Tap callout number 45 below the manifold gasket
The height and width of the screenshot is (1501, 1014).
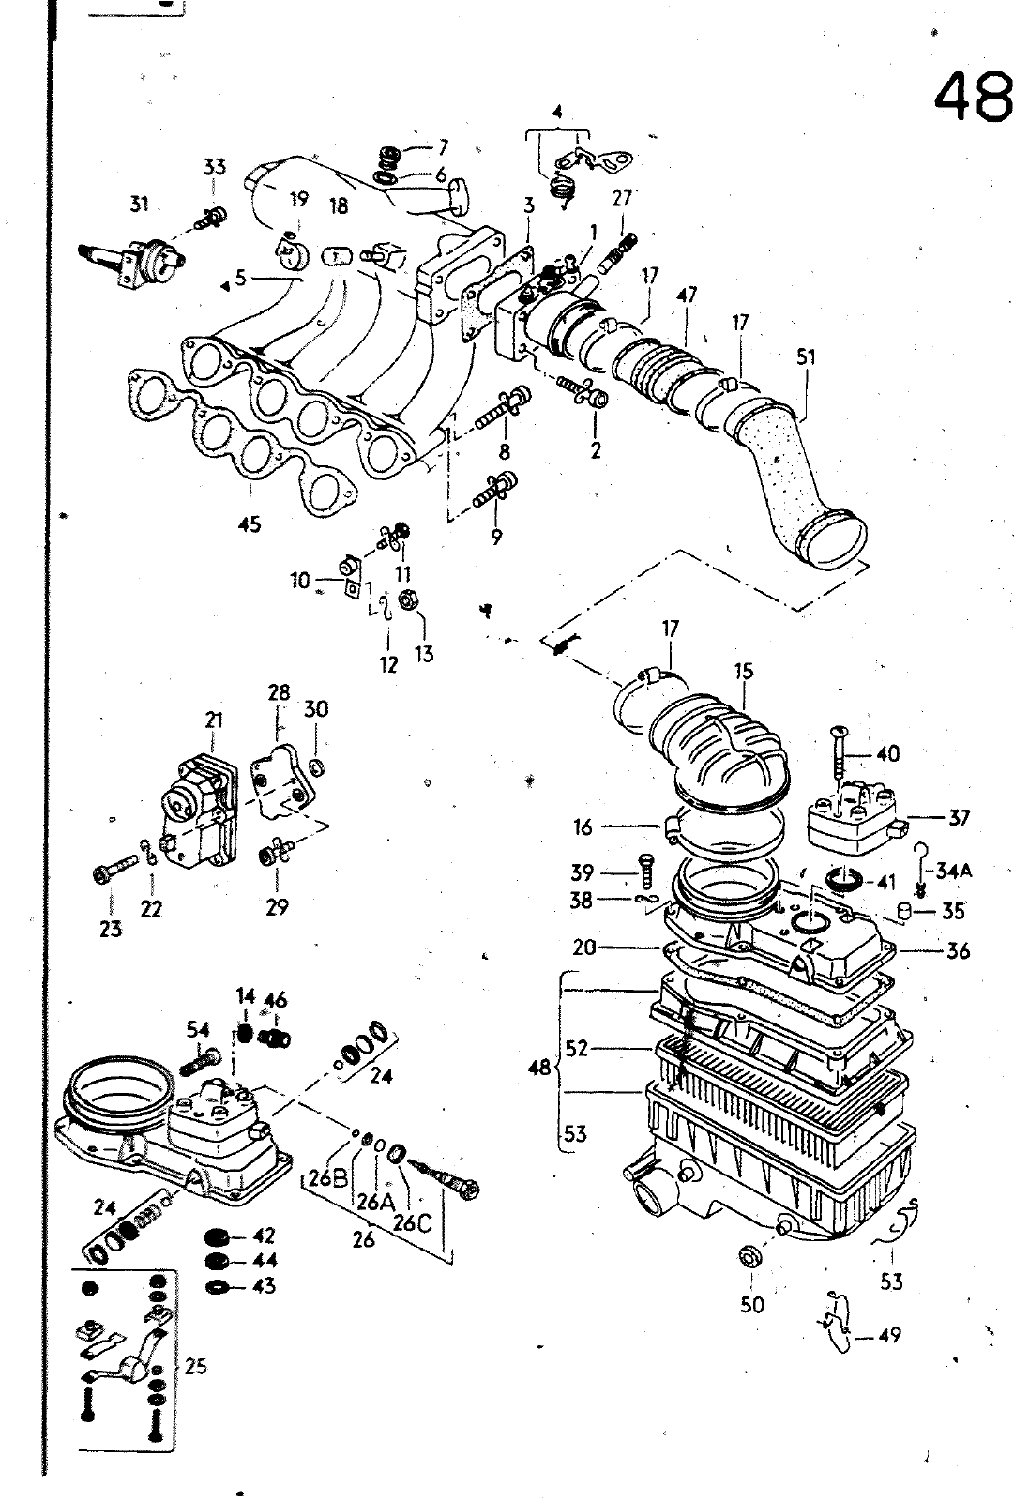coord(250,524)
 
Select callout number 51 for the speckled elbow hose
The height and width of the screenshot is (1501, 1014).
coord(806,357)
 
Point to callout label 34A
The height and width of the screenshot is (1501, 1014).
coord(953,872)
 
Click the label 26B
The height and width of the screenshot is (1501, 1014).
coord(328,1178)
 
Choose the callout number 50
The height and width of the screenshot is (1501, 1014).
coord(752,1305)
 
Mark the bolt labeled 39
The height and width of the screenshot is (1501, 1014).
coord(646,872)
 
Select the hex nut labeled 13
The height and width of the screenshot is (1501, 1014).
coord(406,599)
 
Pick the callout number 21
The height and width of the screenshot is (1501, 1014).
coord(214,720)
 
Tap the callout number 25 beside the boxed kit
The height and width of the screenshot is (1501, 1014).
coord(195,1366)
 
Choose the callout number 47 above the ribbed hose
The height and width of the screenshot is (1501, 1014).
coord(687,295)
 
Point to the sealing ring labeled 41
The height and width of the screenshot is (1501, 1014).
coord(847,879)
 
